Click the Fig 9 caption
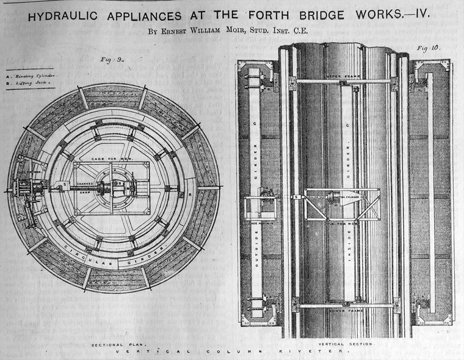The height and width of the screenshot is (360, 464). coord(111,59)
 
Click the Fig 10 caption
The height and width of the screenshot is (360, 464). coord(428,48)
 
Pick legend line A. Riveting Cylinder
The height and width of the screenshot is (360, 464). coord(32,76)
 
